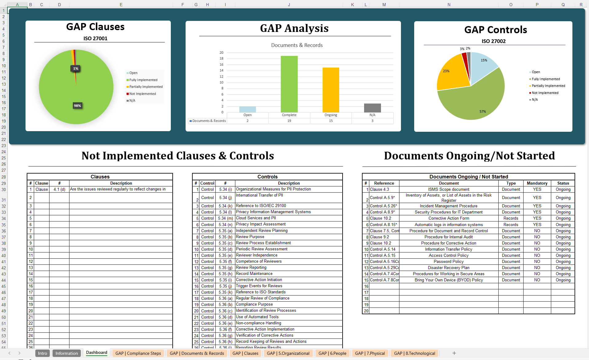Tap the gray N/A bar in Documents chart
point(372,108)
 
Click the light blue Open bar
point(247,109)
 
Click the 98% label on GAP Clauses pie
point(77,106)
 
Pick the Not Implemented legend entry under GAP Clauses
point(142,94)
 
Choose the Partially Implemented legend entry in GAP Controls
point(548,86)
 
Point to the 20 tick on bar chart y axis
point(221,53)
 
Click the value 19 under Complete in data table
point(289,121)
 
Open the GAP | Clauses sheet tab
point(245,353)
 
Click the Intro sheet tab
point(42,353)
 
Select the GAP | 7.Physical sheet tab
point(370,353)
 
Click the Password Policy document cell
point(448,261)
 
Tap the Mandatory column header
point(537,183)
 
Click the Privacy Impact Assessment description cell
point(261,224)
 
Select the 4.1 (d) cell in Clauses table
point(59,189)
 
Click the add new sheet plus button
point(454,353)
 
